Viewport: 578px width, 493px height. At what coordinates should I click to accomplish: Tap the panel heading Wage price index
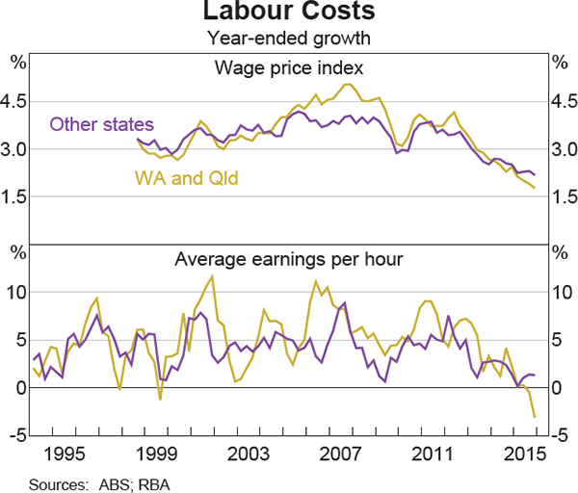pos(289,67)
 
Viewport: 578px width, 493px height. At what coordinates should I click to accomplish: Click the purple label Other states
pos(101,124)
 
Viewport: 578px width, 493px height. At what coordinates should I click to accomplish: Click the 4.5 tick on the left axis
pos(17,102)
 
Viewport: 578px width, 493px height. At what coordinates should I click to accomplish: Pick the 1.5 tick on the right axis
pos(561,196)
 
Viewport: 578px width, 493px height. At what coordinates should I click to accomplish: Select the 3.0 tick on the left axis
pos(17,149)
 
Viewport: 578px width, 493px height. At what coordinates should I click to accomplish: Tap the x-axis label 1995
pos(66,453)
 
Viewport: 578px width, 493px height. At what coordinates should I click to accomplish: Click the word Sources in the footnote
pos(56,481)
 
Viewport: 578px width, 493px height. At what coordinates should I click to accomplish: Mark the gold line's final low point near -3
pos(536,417)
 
